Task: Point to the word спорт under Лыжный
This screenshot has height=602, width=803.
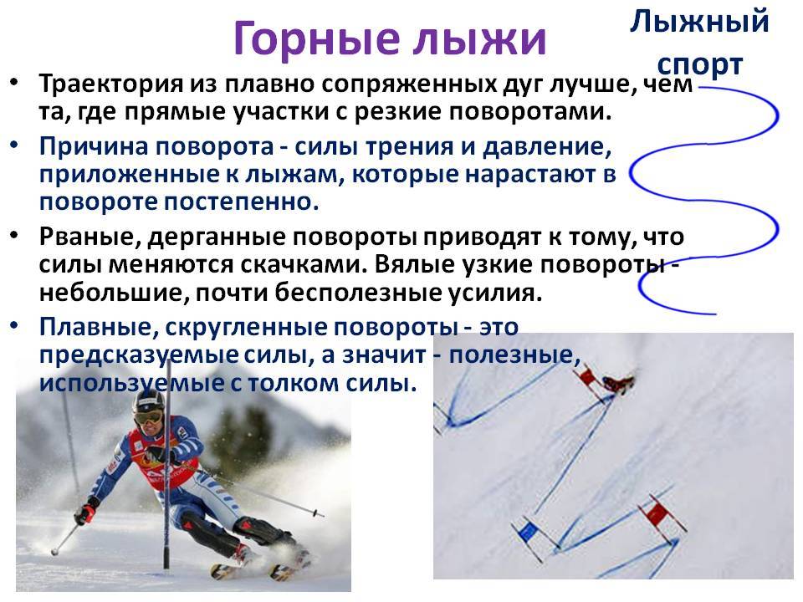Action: pos(699,65)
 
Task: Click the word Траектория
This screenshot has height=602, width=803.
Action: pos(111,84)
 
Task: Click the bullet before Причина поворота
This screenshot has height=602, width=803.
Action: pos(14,145)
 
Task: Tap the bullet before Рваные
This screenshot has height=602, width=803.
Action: pos(14,236)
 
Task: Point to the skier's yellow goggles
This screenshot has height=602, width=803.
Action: pos(147,417)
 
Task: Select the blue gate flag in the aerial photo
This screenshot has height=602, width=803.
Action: pos(526,533)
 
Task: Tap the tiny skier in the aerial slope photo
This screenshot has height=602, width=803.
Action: pos(619,383)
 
